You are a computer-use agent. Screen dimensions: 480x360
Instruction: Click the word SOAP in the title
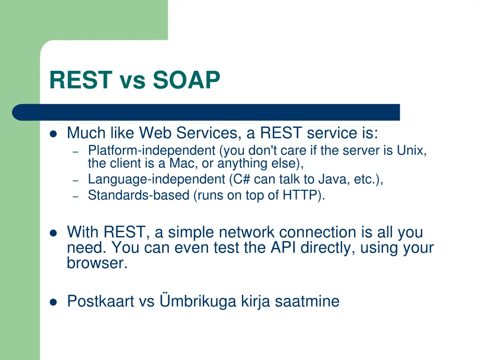(x=187, y=80)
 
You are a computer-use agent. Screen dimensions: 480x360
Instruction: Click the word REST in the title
(x=81, y=80)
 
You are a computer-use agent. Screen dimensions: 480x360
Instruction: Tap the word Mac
(x=182, y=163)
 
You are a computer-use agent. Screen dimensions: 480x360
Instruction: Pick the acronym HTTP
(x=300, y=195)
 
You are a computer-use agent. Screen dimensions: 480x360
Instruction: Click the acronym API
(x=283, y=247)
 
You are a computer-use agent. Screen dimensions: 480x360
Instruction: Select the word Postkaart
(x=101, y=301)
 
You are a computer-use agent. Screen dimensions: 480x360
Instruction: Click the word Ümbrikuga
(x=198, y=300)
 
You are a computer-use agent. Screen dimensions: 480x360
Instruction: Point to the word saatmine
(x=307, y=301)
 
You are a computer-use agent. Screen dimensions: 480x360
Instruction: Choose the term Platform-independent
(x=152, y=150)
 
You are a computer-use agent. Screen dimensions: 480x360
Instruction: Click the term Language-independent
(x=157, y=180)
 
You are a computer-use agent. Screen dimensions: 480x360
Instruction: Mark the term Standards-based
(x=139, y=195)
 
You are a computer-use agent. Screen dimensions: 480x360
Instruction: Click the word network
(x=247, y=232)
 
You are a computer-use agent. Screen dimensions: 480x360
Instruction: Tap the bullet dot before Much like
(x=53, y=134)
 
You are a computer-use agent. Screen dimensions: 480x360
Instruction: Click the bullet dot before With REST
(x=53, y=233)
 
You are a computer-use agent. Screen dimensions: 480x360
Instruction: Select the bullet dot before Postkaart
(x=53, y=302)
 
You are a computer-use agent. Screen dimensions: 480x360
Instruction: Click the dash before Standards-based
(x=75, y=196)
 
